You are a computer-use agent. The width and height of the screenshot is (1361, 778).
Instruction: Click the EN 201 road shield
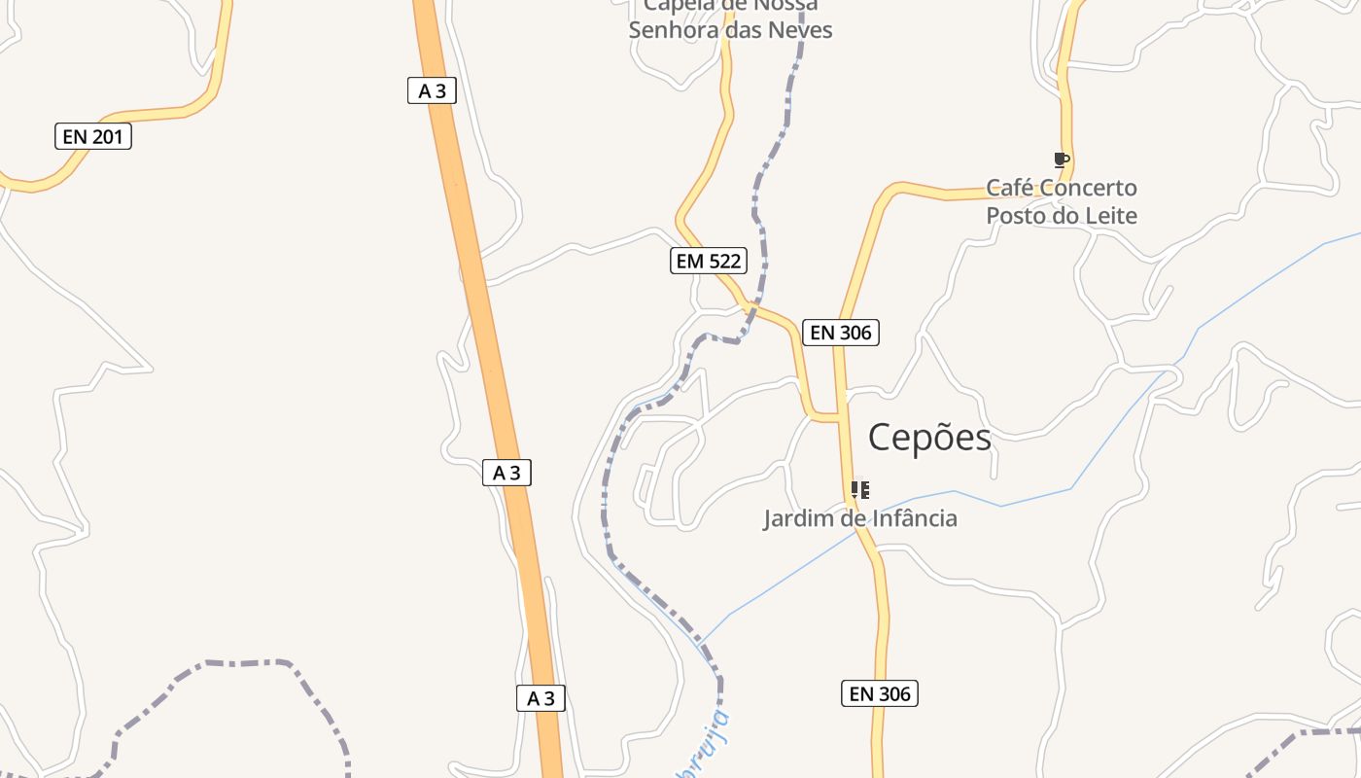pyautogui.click(x=92, y=137)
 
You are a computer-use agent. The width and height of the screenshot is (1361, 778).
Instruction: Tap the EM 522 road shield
pyautogui.click(x=709, y=261)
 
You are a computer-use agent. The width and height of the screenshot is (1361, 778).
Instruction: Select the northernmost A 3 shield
pyautogui.click(x=432, y=91)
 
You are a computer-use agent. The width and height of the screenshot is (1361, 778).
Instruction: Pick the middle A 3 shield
pyautogui.click(x=506, y=474)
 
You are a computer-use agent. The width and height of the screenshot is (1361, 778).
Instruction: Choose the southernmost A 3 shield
pyautogui.click(x=541, y=698)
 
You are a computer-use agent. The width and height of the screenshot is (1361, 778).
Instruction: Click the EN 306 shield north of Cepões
pyautogui.click(x=841, y=333)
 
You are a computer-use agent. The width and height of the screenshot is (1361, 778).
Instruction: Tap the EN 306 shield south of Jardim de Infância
pyautogui.click(x=880, y=693)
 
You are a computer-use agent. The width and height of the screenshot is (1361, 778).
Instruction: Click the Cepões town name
pyautogui.click(x=929, y=438)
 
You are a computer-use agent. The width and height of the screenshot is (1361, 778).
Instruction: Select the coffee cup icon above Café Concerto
pyautogui.click(x=1061, y=160)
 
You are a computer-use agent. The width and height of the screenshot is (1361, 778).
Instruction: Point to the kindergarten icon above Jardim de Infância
pyautogui.click(x=860, y=490)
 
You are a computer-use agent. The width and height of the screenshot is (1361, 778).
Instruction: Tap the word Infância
pyautogui.click(x=913, y=518)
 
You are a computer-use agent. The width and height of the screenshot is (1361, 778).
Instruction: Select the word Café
pyautogui.click(x=1009, y=188)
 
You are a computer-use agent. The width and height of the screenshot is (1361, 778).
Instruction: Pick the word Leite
pyautogui.click(x=1111, y=216)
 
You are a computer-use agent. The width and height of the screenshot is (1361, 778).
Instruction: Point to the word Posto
pyautogui.click(x=1017, y=216)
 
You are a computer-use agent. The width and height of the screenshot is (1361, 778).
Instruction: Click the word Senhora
pyautogui.click(x=671, y=30)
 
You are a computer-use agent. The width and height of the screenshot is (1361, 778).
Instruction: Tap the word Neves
pyautogui.click(x=800, y=30)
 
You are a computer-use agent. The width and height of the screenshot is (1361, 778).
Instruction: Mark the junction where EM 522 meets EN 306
pyautogui.click(x=838, y=418)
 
